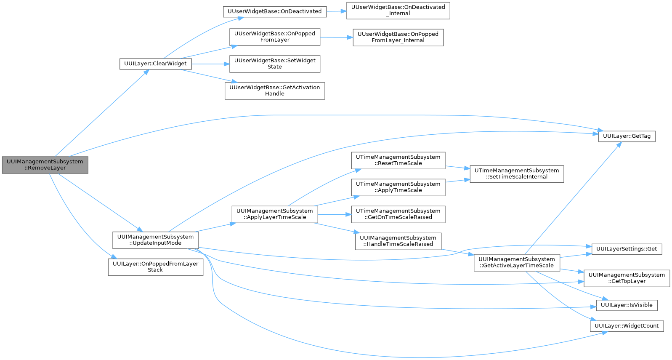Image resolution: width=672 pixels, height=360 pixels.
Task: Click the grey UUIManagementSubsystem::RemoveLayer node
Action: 45,165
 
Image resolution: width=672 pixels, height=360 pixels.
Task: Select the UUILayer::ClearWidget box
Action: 155,64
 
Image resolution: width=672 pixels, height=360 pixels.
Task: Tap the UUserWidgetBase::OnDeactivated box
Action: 274,11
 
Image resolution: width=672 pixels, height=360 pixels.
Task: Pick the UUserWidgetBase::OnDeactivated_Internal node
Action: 398,11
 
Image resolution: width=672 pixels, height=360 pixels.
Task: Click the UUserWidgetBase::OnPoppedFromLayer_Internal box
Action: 398,37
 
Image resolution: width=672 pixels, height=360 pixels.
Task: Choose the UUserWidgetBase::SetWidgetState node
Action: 275,64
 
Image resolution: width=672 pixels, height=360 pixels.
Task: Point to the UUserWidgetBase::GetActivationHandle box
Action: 275,91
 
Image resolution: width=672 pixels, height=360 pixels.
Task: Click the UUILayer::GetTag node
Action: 627,136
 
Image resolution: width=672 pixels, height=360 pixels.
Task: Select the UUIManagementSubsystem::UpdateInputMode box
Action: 155,240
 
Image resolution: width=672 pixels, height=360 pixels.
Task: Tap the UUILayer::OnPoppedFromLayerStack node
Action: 155,267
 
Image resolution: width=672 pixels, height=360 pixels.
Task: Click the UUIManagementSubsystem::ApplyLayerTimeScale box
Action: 274,214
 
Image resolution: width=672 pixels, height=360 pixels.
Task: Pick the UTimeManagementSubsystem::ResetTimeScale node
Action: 398,160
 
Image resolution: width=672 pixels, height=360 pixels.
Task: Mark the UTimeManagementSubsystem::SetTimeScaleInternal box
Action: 517,174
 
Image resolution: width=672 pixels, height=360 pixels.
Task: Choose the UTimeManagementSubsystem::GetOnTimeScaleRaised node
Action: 398,214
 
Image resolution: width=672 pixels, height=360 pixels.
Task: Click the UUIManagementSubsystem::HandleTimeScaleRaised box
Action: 398,241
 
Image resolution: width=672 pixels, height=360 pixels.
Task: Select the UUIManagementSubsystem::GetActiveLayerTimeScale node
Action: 517,263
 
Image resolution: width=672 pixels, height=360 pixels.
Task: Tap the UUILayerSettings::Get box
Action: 627,249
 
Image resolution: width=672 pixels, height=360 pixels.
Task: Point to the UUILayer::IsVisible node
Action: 627,305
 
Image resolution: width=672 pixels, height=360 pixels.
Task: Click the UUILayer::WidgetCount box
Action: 627,326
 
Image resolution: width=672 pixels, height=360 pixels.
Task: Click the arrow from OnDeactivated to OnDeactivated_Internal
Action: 336,11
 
